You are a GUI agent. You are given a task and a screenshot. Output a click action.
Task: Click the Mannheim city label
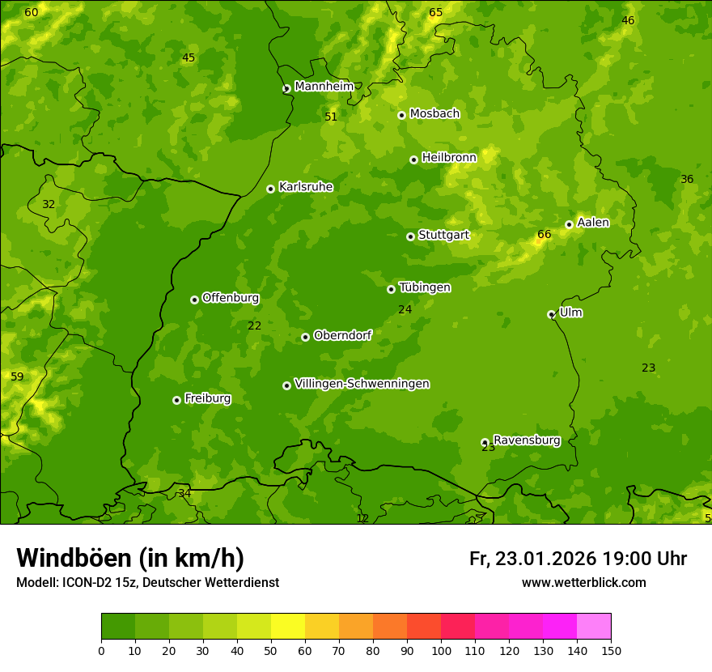(324, 87)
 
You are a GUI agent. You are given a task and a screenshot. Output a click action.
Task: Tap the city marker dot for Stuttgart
(410, 236)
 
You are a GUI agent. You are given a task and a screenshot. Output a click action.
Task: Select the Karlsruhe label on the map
(305, 187)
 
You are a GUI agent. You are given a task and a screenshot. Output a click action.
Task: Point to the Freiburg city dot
(176, 400)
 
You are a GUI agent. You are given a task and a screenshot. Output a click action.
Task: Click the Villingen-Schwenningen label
(362, 384)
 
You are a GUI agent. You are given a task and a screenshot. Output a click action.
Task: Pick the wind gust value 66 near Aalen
(545, 235)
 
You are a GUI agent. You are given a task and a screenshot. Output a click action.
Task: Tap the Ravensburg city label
(527, 440)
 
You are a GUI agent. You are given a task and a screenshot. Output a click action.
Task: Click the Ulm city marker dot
(551, 314)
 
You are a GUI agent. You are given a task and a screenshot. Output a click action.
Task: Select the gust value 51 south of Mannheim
(331, 117)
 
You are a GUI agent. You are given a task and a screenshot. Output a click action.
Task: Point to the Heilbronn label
(449, 158)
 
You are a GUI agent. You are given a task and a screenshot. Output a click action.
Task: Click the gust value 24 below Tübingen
(405, 309)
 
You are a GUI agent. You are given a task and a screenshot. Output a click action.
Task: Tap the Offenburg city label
(231, 298)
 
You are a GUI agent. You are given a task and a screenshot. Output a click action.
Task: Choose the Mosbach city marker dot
(401, 115)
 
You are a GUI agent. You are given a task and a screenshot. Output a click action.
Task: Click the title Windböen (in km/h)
(130, 558)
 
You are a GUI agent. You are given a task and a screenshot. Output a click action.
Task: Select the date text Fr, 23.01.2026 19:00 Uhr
(578, 559)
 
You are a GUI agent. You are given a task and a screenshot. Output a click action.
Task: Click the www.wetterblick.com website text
(583, 582)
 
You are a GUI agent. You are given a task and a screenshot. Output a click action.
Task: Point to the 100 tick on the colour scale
(441, 650)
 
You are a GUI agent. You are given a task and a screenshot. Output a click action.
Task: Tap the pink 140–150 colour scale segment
(594, 627)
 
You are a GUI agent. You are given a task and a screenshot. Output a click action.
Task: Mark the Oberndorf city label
(342, 335)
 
